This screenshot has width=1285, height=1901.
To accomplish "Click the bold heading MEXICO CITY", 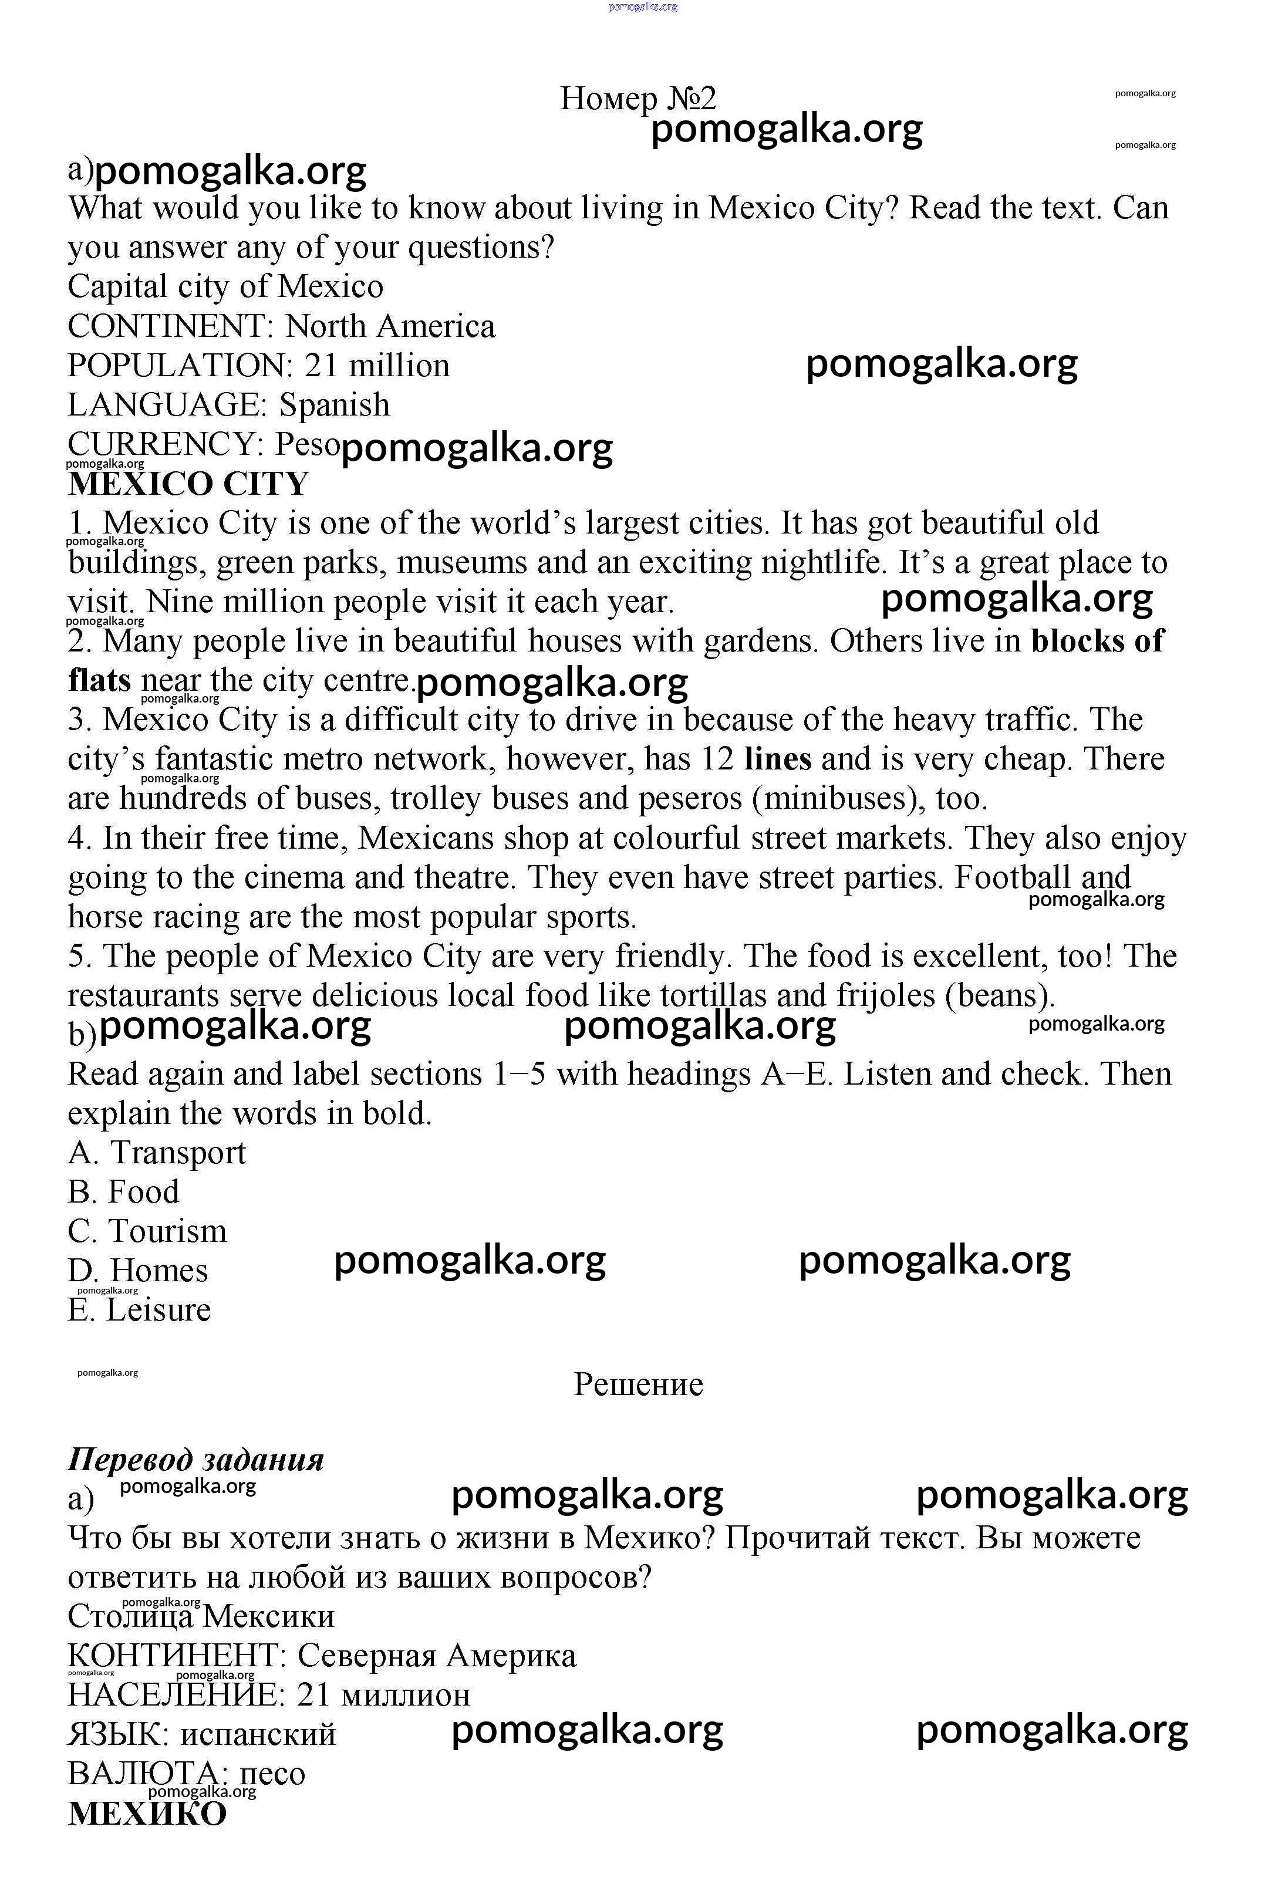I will (x=188, y=484).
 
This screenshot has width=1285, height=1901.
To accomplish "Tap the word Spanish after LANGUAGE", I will (x=335, y=405).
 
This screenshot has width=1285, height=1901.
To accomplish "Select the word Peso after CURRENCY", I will (x=307, y=444).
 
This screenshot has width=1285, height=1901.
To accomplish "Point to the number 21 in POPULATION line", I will (x=321, y=366).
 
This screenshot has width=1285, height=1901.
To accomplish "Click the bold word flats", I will (x=99, y=680).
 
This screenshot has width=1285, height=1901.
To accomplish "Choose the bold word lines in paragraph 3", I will (x=778, y=759).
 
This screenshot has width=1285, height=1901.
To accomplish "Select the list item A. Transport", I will (x=156, y=1153).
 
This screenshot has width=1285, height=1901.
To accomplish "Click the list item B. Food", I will (x=123, y=1192).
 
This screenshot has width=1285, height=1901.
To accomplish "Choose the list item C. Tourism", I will (x=147, y=1231).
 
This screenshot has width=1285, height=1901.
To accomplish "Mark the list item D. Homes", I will (x=137, y=1270).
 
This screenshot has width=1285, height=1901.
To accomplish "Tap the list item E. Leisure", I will (x=139, y=1309).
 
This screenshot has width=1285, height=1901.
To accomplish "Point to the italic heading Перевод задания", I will (x=195, y=1459).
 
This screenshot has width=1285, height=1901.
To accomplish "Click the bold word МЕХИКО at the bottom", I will (x=147, y=1814).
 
